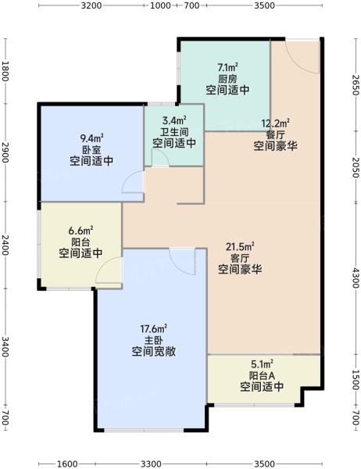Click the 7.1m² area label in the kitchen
228,67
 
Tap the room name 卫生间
174,132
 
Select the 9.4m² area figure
92,138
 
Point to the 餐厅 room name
275,134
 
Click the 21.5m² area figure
240,247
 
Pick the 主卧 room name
154,340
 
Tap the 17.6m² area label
154,329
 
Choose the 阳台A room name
262,375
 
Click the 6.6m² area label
80,231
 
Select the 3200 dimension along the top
91,5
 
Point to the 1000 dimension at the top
161,5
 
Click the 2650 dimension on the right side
355,84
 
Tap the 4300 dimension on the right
355,277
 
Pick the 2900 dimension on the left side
5,152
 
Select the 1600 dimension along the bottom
67,464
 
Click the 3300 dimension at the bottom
151,464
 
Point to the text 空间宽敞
154,352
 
